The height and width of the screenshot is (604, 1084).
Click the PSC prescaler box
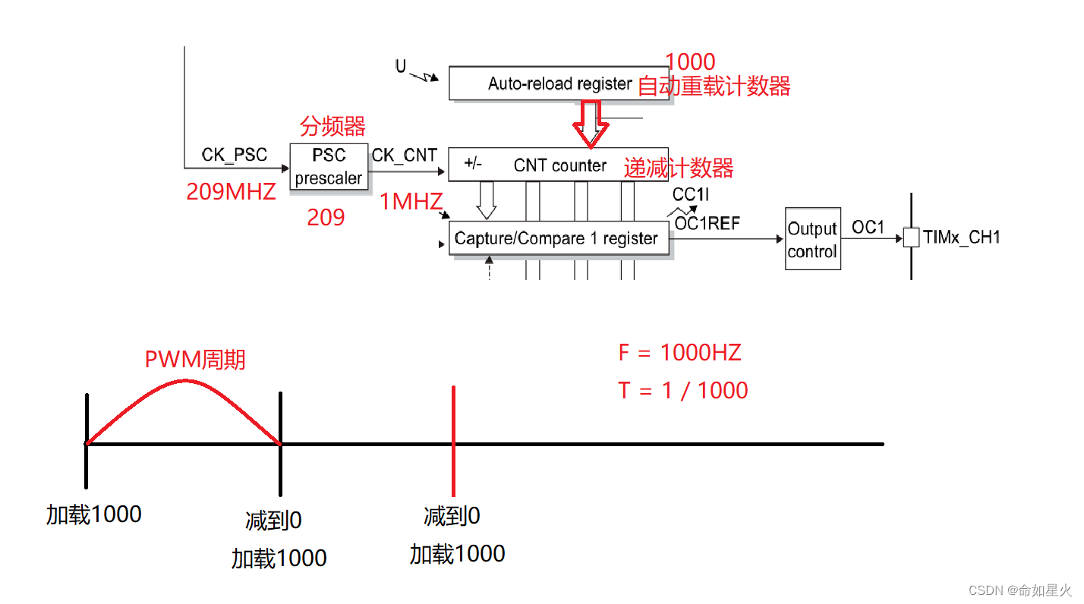pyautogui.click(x=329, y=167)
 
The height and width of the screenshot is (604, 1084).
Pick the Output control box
pyautogui.click(x=812, y=239)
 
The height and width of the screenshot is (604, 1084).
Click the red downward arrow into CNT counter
pyautogui.click(x=590, y=123)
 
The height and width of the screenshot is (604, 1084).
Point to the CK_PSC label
pyautogui.click(x=235, y=155)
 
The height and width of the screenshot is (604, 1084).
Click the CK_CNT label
pyautogui.click(x=404, y=155)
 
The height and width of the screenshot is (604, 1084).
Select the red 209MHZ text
pyautogui.click(x=231, y=192)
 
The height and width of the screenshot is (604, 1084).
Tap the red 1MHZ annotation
pyautogui.click(x=411, y=202)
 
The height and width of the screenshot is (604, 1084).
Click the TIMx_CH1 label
pyautogui.click(x=962, y=238)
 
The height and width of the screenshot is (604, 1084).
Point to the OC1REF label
pyautogui.click(x=707, y=223)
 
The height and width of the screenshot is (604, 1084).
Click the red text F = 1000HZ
pyautogui.click(x=679, y=353)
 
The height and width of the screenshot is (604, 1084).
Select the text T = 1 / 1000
pyautogui.click(x=683, y=390)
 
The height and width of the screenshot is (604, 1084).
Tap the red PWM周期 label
pyautogui.click(x=195, y=359)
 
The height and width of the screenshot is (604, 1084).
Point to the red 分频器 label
pyautogui.click(x=332, y=126)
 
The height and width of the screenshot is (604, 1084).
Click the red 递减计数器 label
pyautogui.click(x=679, y=168)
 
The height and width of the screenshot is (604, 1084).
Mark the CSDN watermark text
pyautogui.click(x=1022, y=590)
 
